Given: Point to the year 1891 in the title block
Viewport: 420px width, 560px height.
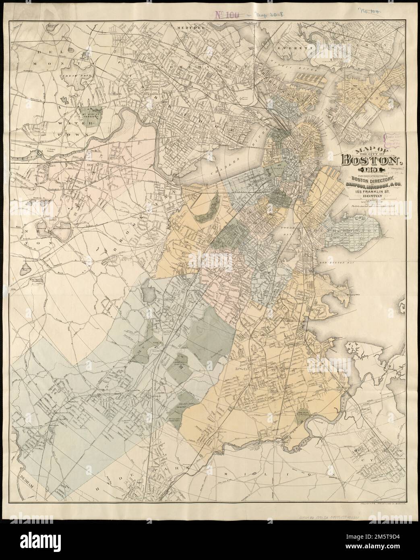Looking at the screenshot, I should pos(360,172).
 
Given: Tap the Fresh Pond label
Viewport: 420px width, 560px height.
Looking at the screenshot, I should pos(72,76).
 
